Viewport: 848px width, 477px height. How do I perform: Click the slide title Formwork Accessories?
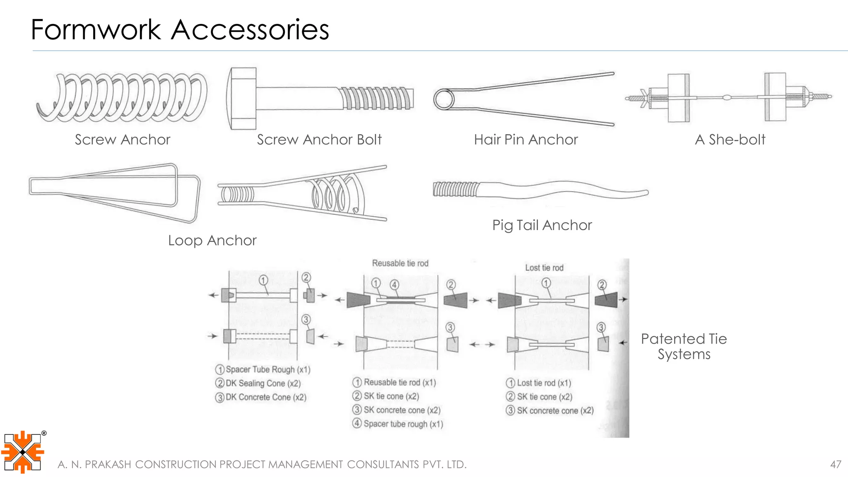(x=180, y=30)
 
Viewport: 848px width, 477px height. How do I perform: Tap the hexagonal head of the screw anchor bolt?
(x=242, y=99)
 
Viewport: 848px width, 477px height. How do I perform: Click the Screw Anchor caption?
(x=123, y=140)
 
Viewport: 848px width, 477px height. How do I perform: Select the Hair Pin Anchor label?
(x=525, y=140)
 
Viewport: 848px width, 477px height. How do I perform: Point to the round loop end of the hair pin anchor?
(x=444, y=100)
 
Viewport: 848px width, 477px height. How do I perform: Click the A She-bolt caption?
(x=730, y=140)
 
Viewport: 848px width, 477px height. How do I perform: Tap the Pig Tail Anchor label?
(x=542, y=225)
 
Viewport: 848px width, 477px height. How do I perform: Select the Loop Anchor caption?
(x=212, y=241)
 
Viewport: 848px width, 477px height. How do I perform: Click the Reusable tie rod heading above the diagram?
(x=400, y=263)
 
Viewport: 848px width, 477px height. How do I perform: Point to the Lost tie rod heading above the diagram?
(x=544, y=268)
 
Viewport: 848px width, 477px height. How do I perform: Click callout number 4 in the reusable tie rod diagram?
(x=394, y=284)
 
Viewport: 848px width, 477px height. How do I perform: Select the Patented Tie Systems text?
(x=684, y=347)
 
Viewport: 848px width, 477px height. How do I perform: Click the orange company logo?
(x=22, y=452)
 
